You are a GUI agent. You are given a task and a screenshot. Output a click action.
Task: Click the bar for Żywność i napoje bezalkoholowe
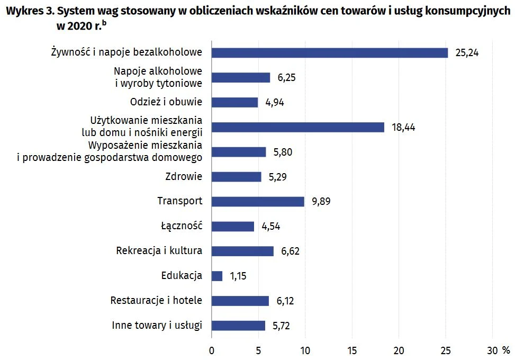pos(329,52)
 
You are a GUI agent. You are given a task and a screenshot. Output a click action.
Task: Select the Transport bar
pos(258,201)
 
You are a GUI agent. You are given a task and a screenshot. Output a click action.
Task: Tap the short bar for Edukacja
pos(217,276)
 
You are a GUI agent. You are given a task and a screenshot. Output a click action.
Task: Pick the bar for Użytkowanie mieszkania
pos(297,127)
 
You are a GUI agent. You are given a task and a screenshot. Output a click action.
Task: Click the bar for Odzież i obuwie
pos(234,102)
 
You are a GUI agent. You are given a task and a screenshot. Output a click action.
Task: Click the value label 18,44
pos(403,127)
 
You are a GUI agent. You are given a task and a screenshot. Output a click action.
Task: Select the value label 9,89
pos(321,201)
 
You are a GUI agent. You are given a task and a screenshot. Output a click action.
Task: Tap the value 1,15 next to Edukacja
pos(238,276)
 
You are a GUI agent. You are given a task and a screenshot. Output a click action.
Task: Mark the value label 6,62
pos(291,251)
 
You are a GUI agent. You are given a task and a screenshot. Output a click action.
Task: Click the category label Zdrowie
pos(184,176)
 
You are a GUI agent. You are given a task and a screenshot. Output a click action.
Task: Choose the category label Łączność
pos(182,226)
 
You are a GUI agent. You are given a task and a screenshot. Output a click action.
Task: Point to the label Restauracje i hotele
pos(156,301)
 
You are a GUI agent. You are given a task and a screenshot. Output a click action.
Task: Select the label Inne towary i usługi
pos(157,326)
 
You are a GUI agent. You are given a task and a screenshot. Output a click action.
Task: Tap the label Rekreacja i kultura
pos(159,251)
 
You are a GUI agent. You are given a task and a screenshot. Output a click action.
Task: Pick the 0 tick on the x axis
pos(212,350)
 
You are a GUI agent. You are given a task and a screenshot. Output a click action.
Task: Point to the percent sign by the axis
pos(506,350)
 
